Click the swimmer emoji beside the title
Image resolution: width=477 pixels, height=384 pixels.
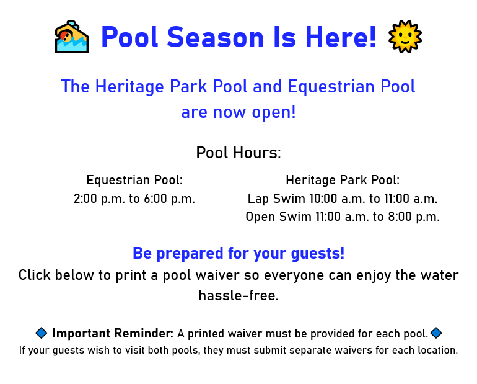tap(72, 37)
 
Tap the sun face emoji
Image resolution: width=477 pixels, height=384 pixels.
tap(405, 37)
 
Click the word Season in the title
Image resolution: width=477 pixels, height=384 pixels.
tap(216, 37)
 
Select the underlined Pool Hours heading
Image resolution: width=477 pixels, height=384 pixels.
tap(239, 153)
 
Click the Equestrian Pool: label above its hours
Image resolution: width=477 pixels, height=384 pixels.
tap(134, 180)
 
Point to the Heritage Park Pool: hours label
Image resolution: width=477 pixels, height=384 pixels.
tap(343, 180)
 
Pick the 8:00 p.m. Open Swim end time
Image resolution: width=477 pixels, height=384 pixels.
tap(414, 217)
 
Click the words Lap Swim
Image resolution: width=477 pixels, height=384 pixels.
tap(276, 199)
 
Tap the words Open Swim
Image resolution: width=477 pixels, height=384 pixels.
tap(278, 217)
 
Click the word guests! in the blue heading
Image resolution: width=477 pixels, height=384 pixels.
tap(318, 253)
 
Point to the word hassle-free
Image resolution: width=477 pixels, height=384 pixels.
tap(239, 295)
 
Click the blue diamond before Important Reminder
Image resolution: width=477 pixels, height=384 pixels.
tap(42, 333)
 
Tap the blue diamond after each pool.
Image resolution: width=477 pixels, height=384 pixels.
tap(436, 333)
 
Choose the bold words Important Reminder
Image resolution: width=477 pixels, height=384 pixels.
tap(113, 334)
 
